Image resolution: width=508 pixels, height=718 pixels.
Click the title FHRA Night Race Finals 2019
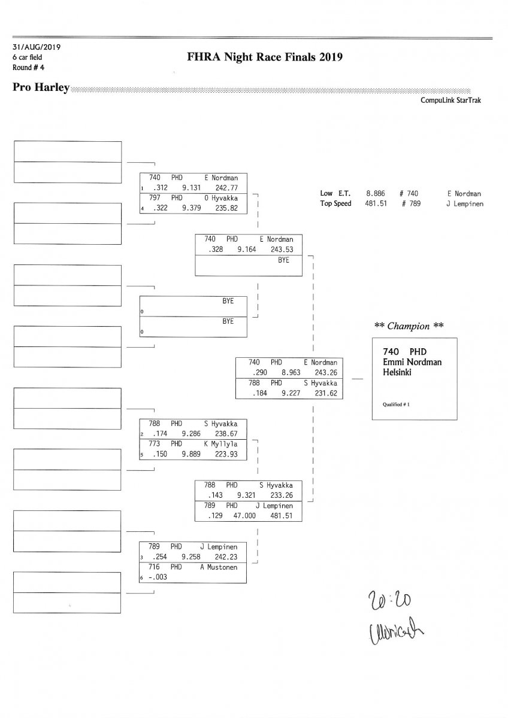(264, 57)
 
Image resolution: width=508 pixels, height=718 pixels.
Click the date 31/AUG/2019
(36, 47)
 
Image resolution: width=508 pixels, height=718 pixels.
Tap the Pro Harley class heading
(40, 88)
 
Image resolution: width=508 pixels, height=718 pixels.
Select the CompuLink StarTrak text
(450, 101)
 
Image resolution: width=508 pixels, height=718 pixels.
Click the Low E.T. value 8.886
(375, 194)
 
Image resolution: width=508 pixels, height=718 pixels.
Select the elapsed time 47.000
(246, 516)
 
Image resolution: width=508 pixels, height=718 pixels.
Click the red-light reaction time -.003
(158, 577)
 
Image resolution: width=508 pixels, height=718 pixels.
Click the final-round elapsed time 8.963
(282, 372)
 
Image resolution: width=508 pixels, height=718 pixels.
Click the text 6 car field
(27, 57)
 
